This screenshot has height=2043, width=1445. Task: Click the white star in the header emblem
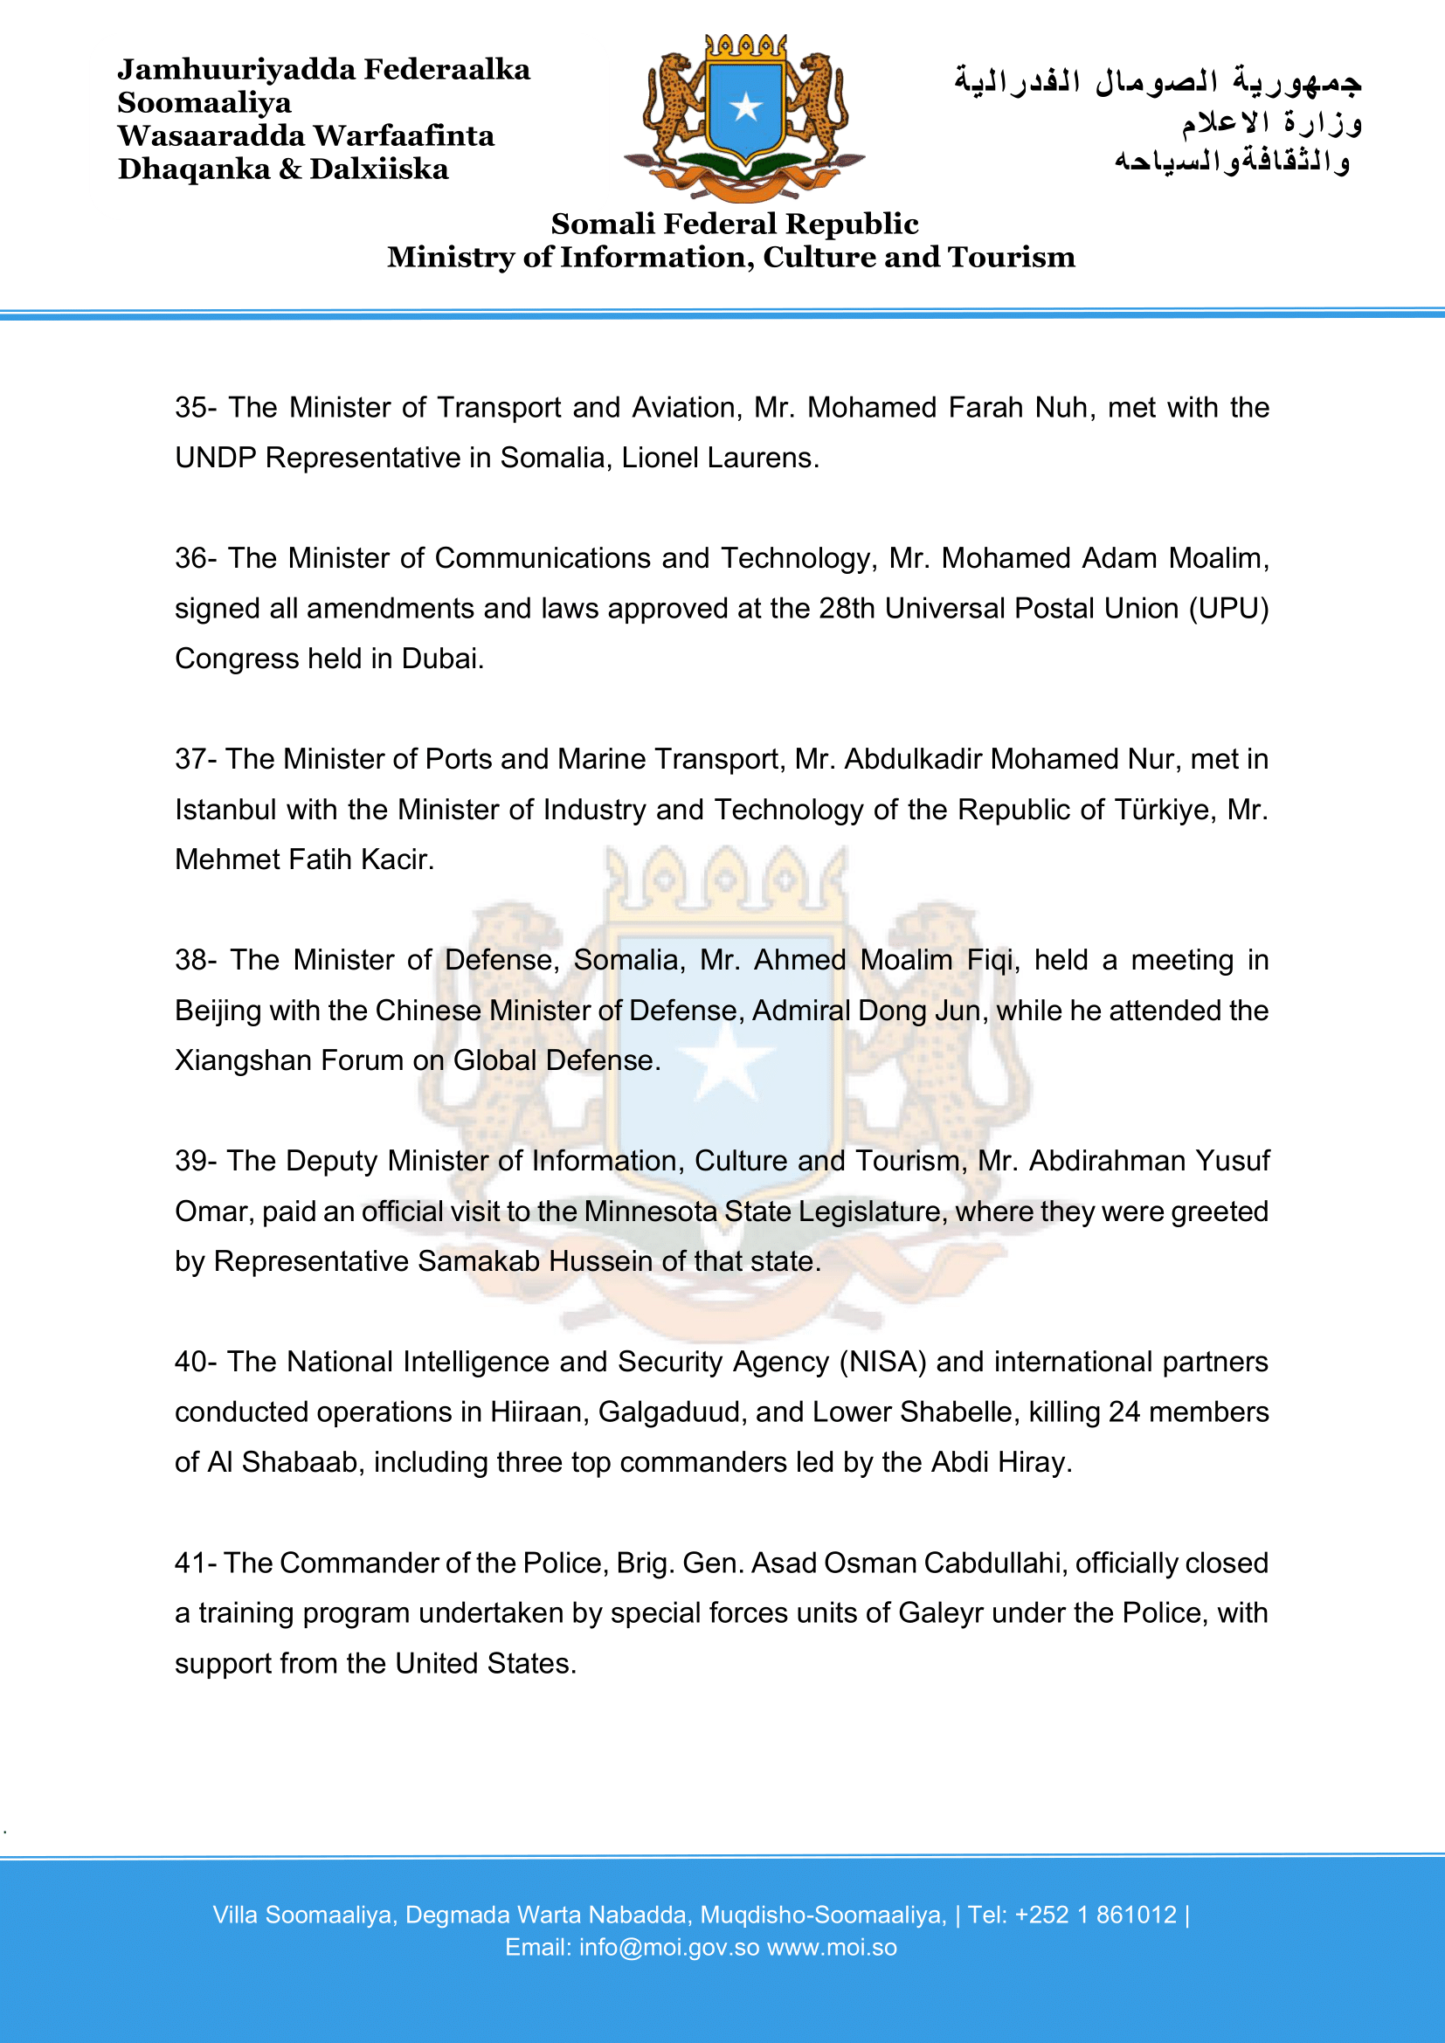pos(745,107)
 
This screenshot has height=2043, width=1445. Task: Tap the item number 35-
pos(196,408)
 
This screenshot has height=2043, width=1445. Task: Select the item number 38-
pos(196,960)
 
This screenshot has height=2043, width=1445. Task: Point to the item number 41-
pos(195,1563)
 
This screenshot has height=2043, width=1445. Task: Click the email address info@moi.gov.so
pos(669,1948)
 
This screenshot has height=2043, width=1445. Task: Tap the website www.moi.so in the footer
pos(832,1948)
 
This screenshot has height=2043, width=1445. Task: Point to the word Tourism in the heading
pos(1012,257)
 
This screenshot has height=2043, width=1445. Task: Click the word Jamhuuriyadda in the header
pos(237,69)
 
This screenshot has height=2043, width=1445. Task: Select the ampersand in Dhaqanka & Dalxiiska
pos(289,169)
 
